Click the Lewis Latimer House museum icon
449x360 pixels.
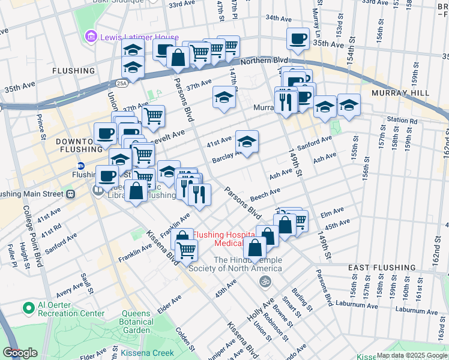91,37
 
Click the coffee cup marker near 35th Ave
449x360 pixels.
298,40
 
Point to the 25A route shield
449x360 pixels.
122,83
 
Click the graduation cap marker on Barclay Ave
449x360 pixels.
247,142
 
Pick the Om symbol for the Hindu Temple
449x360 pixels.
262,281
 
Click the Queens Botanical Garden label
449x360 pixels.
136,322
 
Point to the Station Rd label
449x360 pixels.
402,120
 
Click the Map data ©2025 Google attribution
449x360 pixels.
412,355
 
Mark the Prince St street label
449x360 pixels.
41,127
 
